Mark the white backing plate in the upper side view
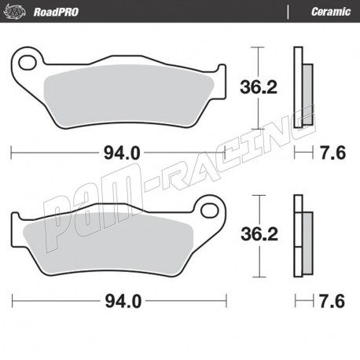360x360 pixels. [x=297, y=86]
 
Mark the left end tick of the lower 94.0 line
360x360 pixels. [x=13, y=300]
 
